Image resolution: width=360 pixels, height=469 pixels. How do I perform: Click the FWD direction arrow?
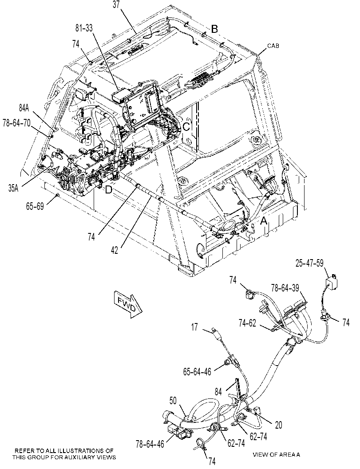pos(128,305)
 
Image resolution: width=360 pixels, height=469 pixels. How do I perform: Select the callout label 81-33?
pos(84,28)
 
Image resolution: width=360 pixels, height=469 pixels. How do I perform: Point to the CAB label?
pos(273,46)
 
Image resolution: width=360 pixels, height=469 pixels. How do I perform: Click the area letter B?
pos(214,29)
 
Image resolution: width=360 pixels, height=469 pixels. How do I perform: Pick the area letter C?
pos(186,127)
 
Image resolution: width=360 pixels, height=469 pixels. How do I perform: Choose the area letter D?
pos(108,189)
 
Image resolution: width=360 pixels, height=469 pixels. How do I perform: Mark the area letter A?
pos(264,221)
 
